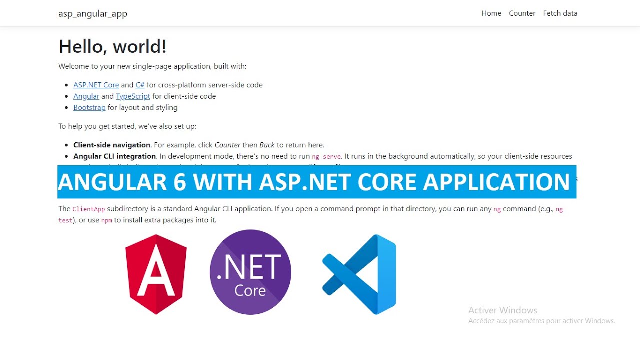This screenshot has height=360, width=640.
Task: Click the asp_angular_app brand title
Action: coord(93,14)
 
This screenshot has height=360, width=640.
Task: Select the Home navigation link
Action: coord(491,13)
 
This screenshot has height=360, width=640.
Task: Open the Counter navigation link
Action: coord(522,13)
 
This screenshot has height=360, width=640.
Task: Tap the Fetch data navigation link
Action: coord(560,13)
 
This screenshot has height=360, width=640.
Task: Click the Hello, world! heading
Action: coord(112,46)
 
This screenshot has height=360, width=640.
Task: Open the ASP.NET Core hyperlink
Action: coord(96,85)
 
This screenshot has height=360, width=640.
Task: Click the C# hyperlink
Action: coord(140,85)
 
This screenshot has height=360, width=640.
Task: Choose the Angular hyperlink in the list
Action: coord(86,96)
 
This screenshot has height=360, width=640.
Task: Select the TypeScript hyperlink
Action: coord(133,96)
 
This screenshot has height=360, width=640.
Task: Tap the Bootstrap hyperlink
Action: coord(89,107)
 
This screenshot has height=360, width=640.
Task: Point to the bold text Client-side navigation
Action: coord(112,145)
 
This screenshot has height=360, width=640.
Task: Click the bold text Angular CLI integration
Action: coord(115,156)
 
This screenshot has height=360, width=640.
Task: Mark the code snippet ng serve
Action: coord(326,157)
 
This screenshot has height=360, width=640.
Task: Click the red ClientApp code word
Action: coord(88,209)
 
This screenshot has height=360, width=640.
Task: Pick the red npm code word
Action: coord(106,220)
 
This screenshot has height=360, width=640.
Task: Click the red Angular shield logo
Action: coord(156,274)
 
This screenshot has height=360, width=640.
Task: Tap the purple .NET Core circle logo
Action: coord(250,272)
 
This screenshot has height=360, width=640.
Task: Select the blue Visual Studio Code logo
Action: coord(360,274)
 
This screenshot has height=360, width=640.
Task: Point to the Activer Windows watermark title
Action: coord(502,310)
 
